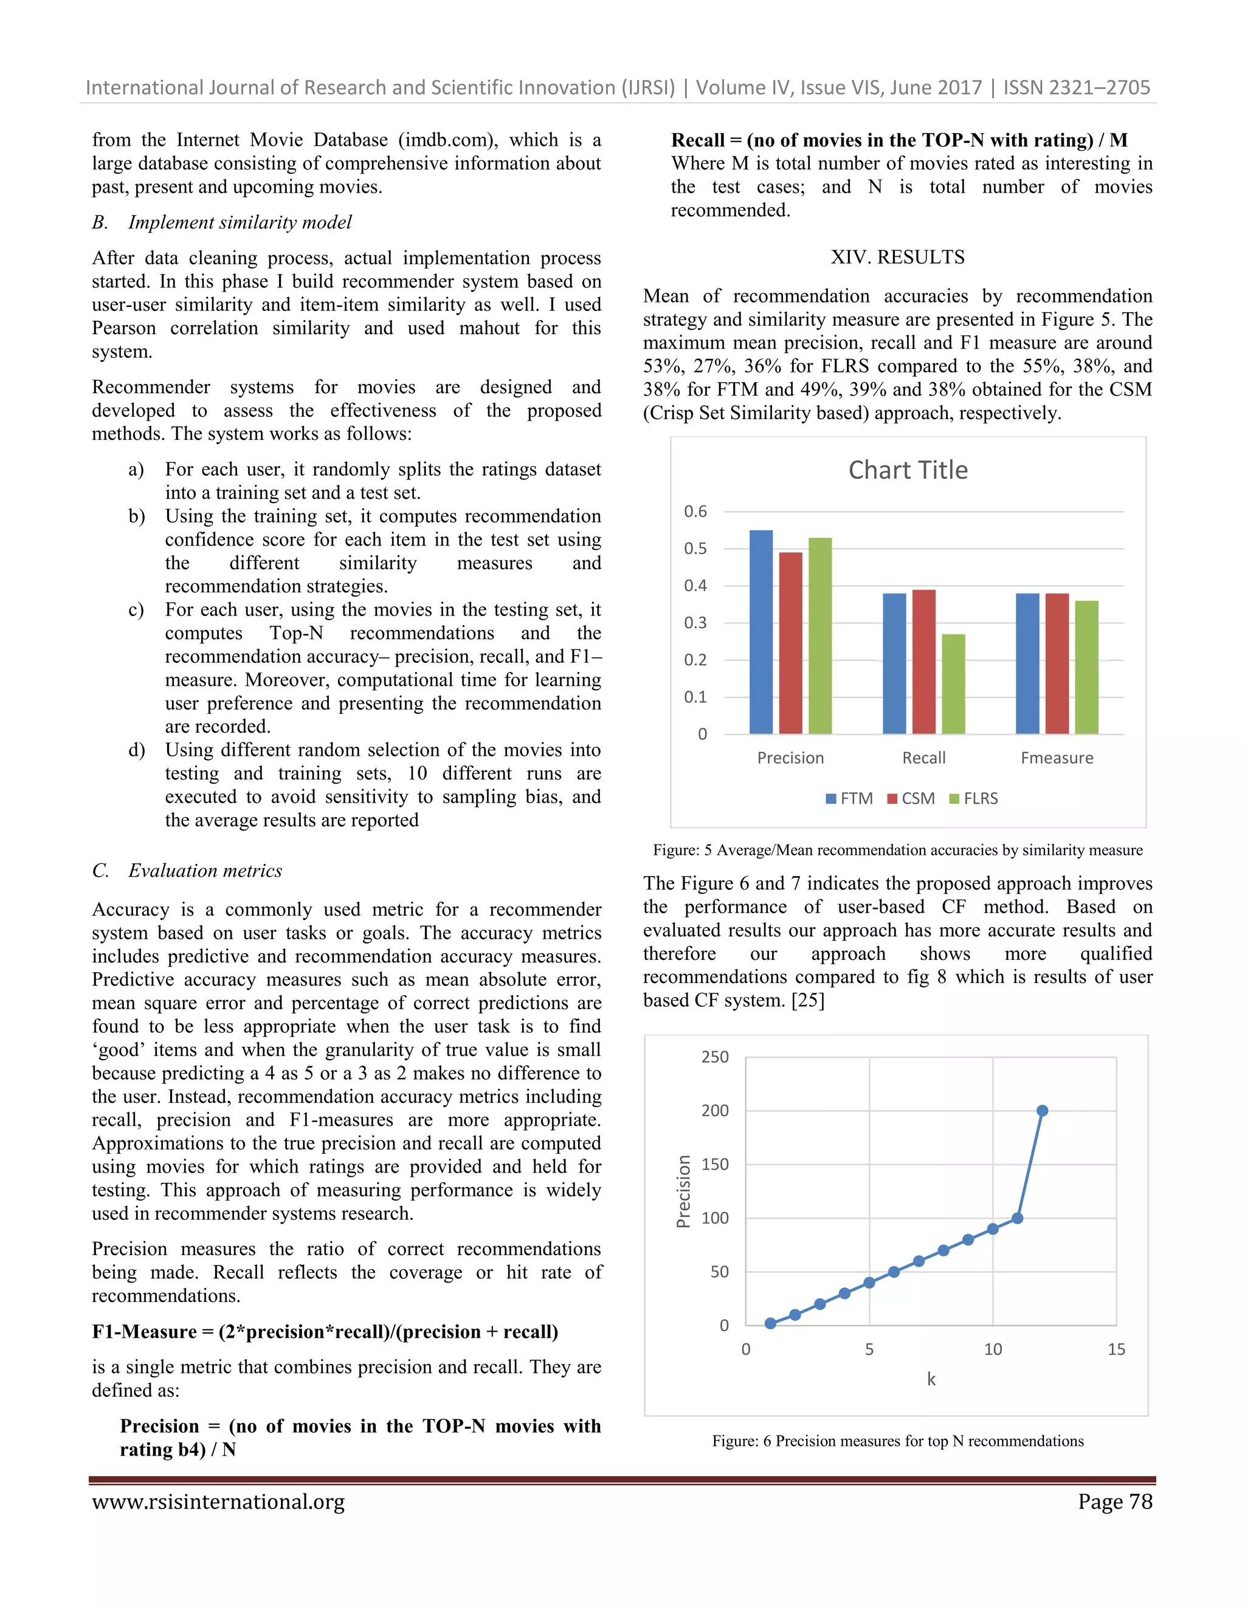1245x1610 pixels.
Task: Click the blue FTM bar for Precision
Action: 760,632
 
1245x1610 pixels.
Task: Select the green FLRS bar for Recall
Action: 953,683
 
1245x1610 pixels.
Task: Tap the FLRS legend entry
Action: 974,798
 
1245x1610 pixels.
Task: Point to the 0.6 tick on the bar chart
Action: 695,511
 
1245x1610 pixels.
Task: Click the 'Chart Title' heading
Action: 908,470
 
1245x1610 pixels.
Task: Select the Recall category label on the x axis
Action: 923,758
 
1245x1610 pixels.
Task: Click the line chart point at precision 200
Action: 1041,1110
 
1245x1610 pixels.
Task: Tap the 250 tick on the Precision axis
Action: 714,1057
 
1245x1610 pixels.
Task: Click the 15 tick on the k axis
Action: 1116,1349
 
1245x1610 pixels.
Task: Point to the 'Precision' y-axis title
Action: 684,1191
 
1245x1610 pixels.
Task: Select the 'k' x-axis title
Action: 931,1379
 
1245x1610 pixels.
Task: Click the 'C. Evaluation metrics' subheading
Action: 187,871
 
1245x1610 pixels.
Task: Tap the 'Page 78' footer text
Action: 1114,1502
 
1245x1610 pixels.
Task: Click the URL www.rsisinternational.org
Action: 218,1502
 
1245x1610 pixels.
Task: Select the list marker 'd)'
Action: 136,750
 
